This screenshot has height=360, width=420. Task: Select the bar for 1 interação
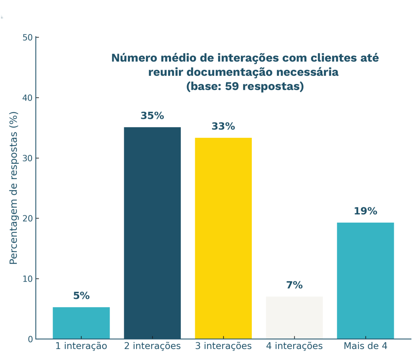pos(81,323)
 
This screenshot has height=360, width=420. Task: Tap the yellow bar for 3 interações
pos(223,238)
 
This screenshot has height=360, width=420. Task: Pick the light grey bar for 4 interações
pos(294,317)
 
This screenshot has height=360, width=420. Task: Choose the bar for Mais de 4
pos(365,280)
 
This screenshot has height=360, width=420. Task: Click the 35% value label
pos(152,116)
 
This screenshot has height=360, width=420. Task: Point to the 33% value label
pos(223,127)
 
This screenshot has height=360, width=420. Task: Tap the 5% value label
pos(81,296)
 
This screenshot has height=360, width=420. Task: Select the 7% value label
pos(294,285)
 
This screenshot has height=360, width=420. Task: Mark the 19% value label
pos(365,212)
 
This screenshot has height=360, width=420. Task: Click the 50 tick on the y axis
pos(27,38)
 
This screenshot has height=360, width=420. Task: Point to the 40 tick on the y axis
pos(27,98)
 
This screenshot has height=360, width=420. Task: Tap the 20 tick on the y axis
pos(27,219)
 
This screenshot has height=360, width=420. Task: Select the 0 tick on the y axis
pos(30,339)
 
